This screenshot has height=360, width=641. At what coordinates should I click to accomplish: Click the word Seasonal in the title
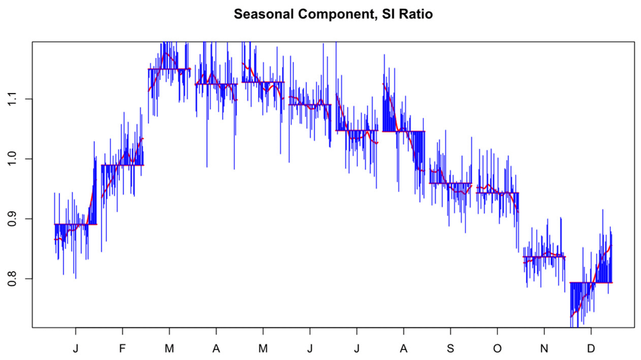pos(259,14)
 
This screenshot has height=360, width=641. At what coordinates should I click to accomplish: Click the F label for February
pos(122,348)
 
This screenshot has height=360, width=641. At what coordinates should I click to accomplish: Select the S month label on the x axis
pos(450,348)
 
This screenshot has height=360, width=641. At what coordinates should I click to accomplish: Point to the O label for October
pos(497,348)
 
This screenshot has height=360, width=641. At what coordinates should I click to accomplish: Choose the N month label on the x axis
pos(544,348)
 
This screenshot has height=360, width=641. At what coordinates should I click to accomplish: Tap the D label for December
pos(591,348)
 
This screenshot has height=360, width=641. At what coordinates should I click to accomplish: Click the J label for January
pos(75,348)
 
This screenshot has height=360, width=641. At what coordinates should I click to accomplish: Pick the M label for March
pos(169,348)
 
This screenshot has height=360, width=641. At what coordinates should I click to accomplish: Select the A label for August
pos(403,348)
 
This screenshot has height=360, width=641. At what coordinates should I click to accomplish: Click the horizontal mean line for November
pos(544,257)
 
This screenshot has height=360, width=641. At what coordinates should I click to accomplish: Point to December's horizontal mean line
pos(591,282)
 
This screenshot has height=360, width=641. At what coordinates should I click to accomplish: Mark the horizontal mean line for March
pos(169,69)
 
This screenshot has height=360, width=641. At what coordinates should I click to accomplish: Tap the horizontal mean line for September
pos(450,183)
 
